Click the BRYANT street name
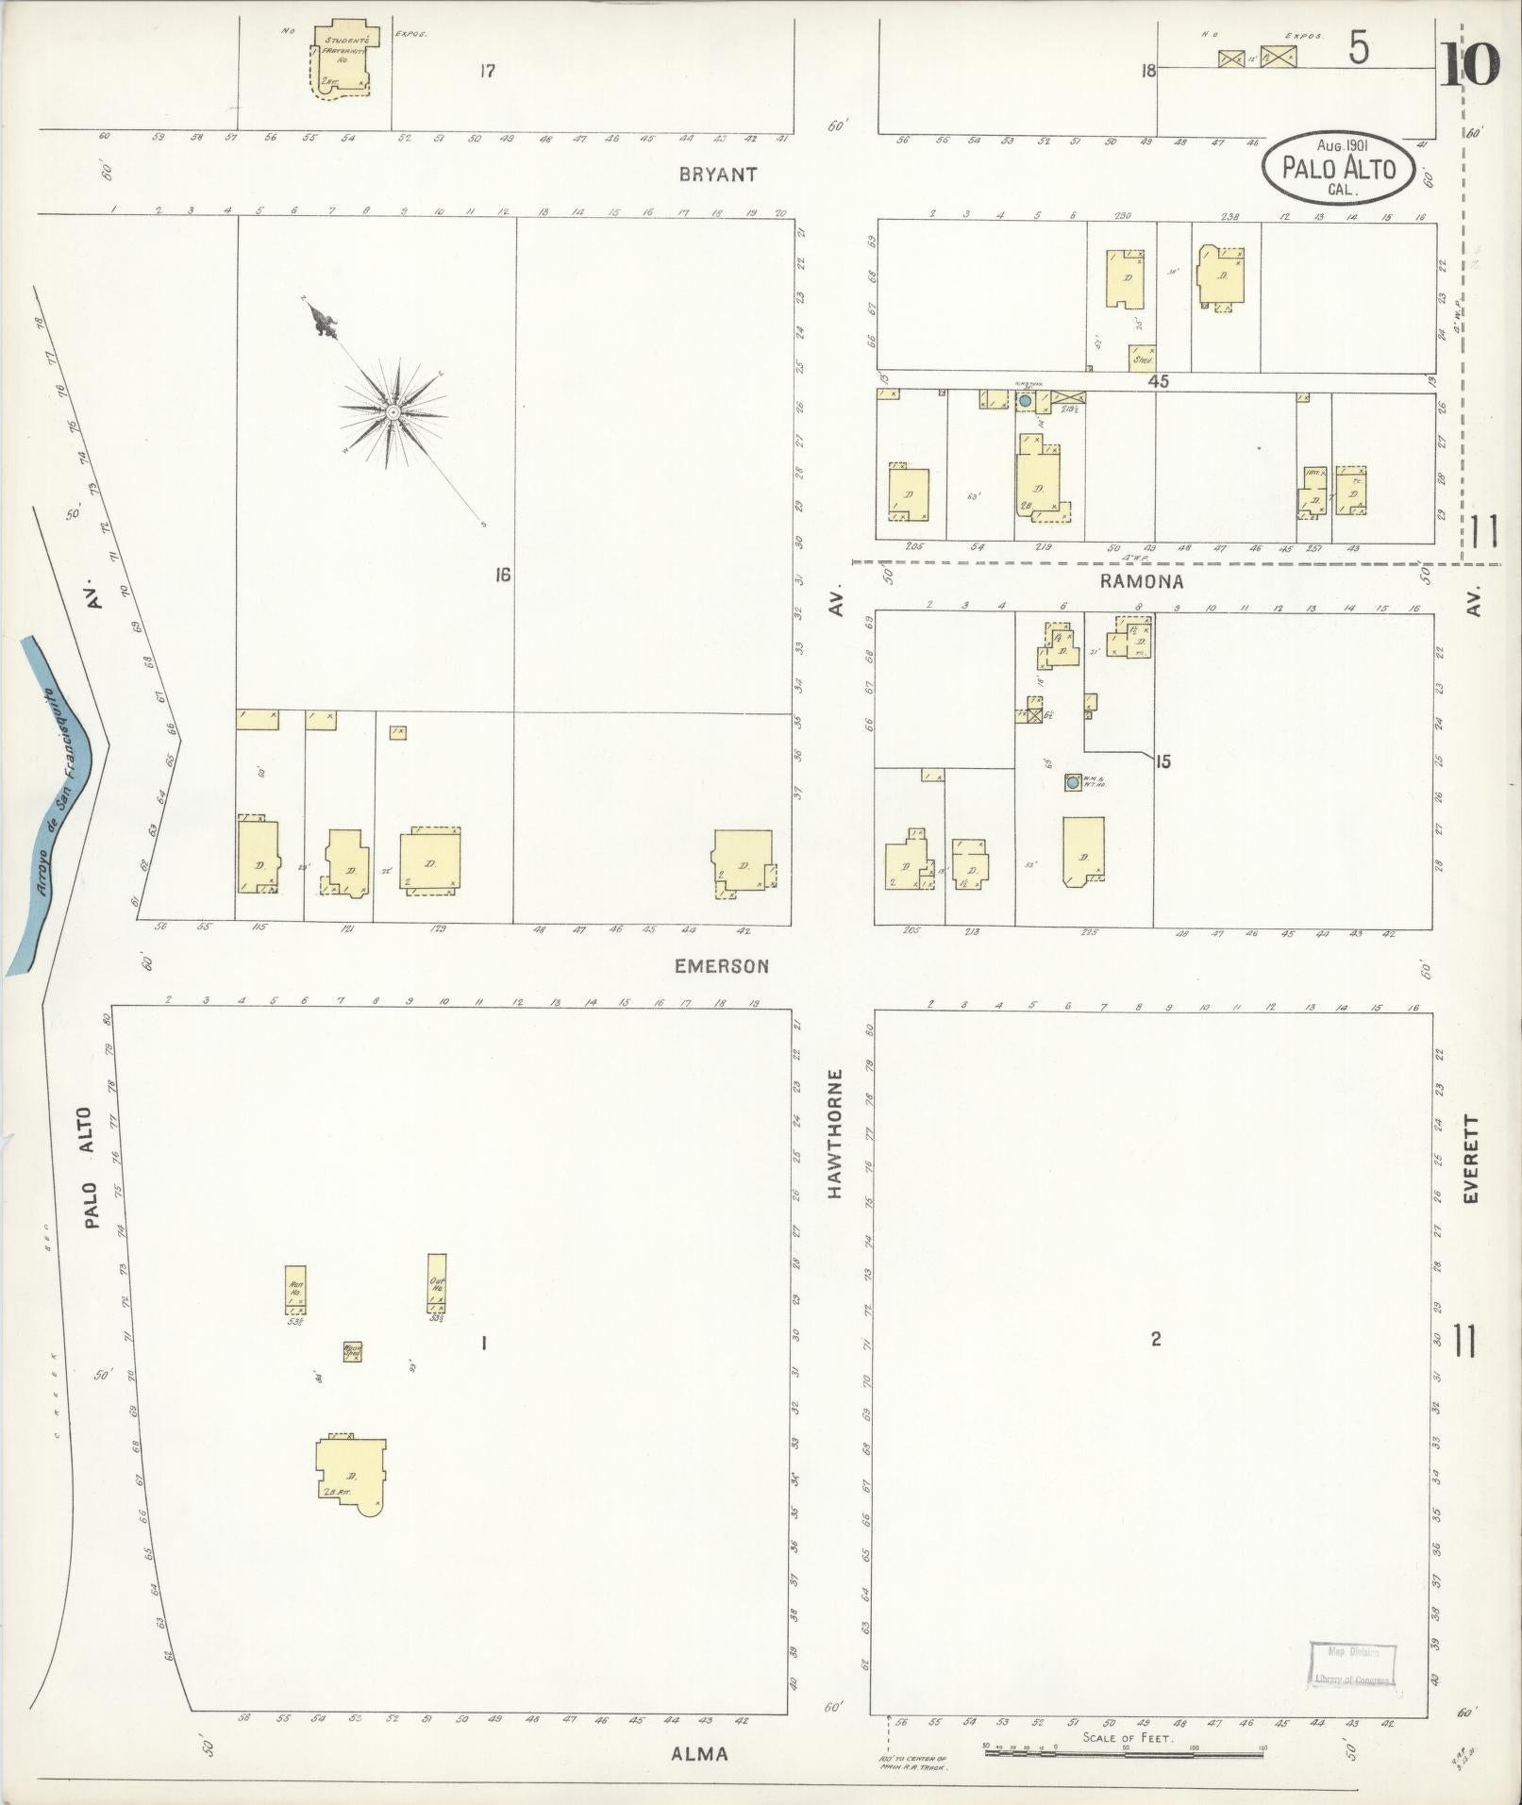pyautogui.click(x=718, y=175)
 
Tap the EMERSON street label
pyautogui.click(x=722, y=966)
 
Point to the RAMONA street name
pyautogui.click(x=1141, y=582)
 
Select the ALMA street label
pyautogui.click(x=700, y=1754)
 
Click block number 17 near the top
pyautogui.click(x=486, y=71)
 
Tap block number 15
pyautogui.click(x=1162, y=761)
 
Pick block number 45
pyautogui.click(x=1158, y=382)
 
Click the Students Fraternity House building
pyautogui.click(x=342, y=58)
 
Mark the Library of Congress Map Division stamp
pyautogui.click(x=1351, y=1665)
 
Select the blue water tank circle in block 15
pyautogui.click(x=1073, y=782)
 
